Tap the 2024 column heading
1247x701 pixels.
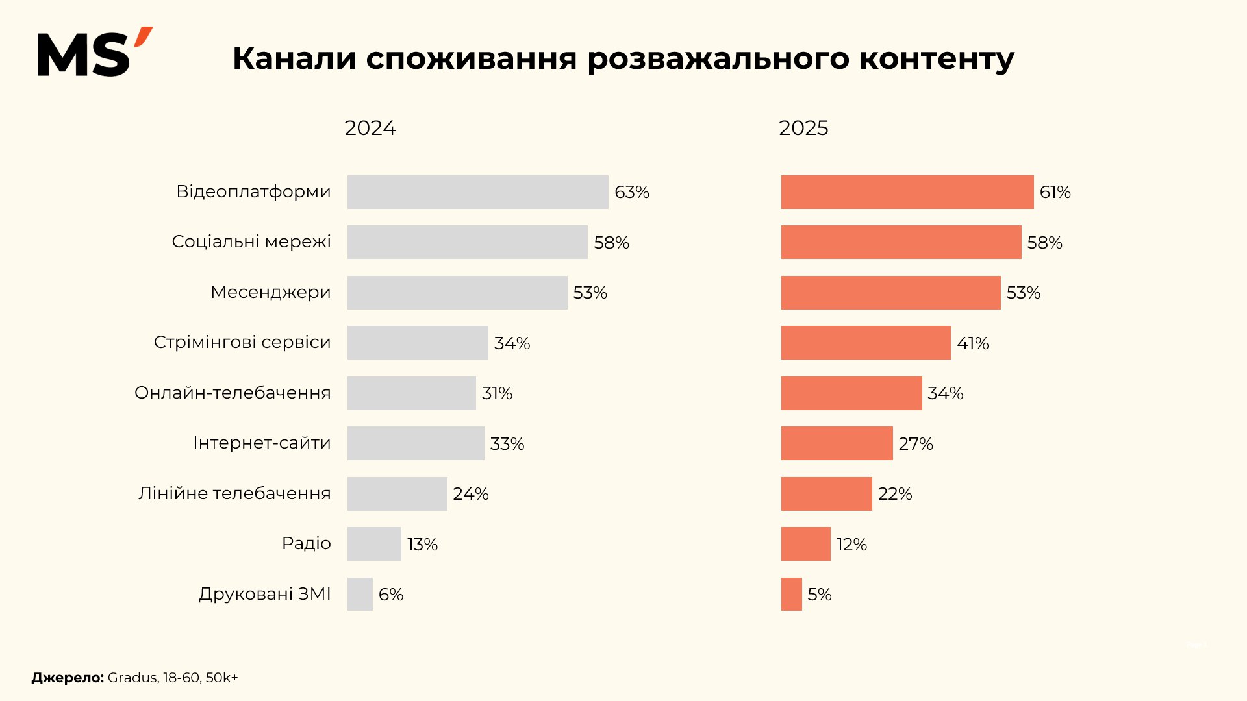[370, 128]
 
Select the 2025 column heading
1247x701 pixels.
[803, 128]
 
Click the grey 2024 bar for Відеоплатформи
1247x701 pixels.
[477, 192]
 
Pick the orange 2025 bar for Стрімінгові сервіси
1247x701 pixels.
[865, 343]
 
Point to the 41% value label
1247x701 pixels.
[972, 343]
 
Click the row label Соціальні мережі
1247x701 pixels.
[251, 241]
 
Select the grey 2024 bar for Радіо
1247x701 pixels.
[374, 544]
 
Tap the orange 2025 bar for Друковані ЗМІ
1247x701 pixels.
[791, 594]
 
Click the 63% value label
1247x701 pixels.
[631, 192]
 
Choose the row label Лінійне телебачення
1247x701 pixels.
[234, 493]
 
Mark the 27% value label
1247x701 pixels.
[915, 444]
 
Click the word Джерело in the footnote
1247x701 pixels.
[67, 678]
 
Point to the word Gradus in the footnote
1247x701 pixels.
[132, 678]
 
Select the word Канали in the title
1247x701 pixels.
[294, 58]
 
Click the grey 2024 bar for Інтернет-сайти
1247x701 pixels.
[416, 443]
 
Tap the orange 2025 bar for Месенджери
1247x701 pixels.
[890, 293]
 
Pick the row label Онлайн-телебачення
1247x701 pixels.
[233, 393]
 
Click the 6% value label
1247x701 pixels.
[390, 595]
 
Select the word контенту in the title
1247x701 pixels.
[937, 58]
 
